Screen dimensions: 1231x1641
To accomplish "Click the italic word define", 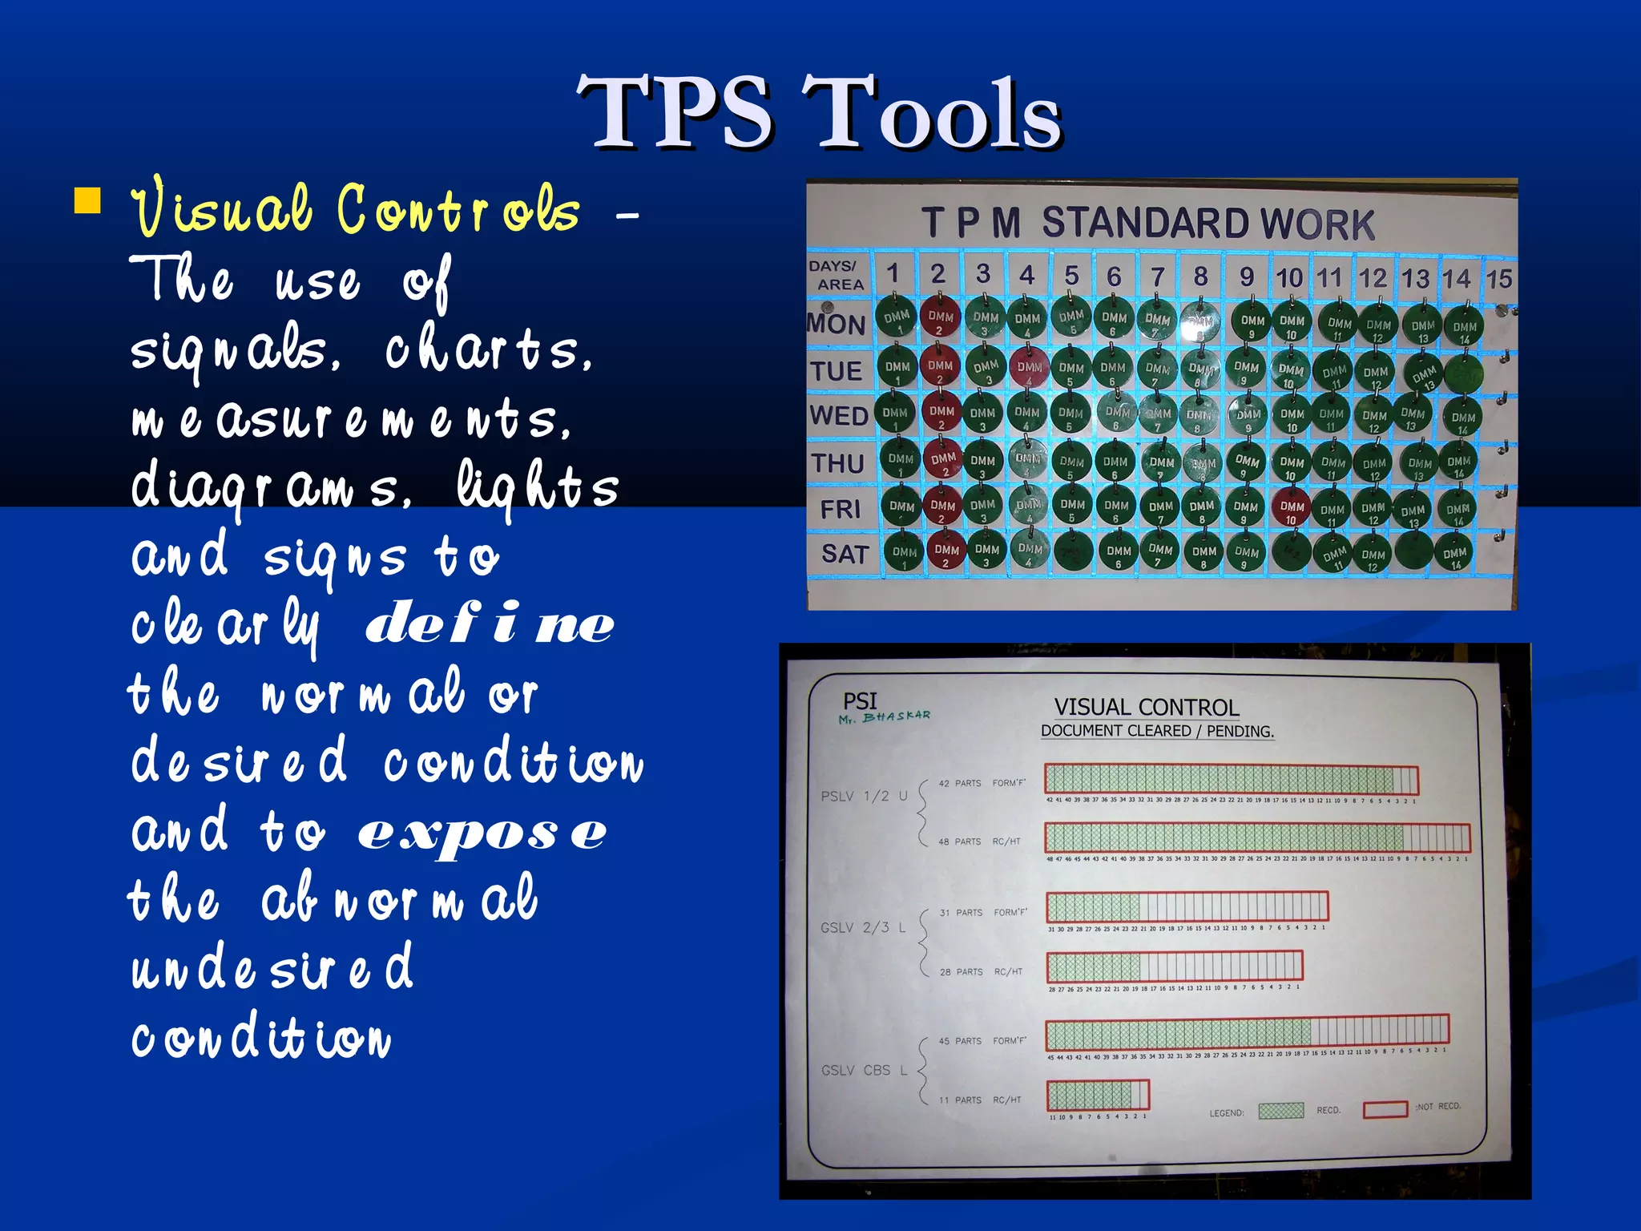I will tap(490, 623).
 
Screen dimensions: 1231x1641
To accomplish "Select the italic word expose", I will tap(482, 833).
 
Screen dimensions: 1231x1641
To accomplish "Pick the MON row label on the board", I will tap(837, 325).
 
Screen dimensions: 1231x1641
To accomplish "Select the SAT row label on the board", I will tap(845, 554).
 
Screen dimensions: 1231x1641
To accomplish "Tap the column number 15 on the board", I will tap(1498, 279).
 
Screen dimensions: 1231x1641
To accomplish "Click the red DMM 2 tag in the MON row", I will tap(940, 317).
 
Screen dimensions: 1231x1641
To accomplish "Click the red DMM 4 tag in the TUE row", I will tap(1029, 368).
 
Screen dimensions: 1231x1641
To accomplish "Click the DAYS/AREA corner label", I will tap(837, 275).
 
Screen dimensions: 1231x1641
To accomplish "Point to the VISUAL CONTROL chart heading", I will tap(1146, 708).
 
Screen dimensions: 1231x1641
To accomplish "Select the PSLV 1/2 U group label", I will tap(864, 796).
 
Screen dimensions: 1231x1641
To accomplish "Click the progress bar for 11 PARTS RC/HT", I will tap(1098, 1095).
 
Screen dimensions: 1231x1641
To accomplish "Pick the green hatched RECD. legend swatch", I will tap(1280, 1111).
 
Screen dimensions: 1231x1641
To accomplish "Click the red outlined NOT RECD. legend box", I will tap(1385, 1109).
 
